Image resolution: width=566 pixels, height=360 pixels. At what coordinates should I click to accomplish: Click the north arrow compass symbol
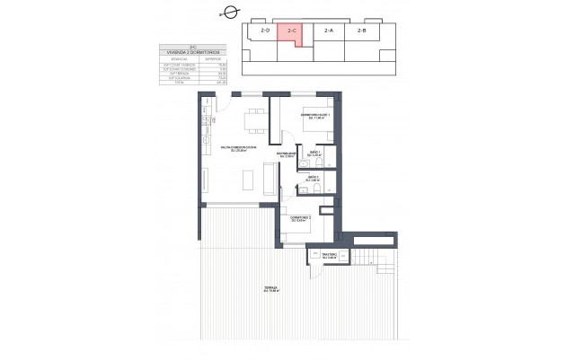pos(230,12)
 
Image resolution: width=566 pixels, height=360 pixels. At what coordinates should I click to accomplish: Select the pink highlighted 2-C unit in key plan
pos(290,33)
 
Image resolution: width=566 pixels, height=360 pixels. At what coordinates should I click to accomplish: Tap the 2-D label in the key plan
pos(265,31)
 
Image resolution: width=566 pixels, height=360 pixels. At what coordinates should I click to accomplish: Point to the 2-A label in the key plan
pos(328,31)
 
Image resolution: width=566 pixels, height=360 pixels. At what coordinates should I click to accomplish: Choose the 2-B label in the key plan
pos(361,31)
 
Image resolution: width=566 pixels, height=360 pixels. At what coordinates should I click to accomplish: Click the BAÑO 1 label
pos(314,154)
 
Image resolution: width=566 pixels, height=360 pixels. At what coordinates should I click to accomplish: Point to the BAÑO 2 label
pos(314,178)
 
